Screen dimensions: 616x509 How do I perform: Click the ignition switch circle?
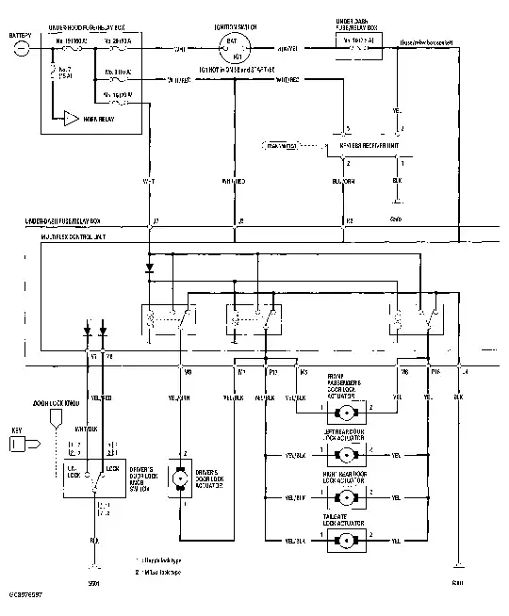tap(234, 49)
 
